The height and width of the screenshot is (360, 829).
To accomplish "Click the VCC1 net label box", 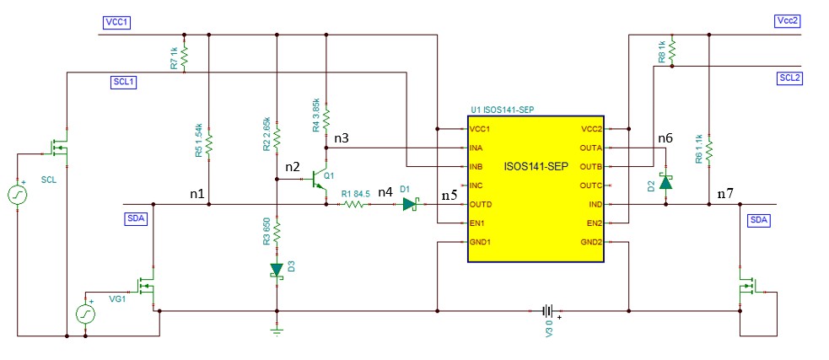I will coord(117,22).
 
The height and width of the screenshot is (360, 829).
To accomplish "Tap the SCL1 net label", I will coord(124,82).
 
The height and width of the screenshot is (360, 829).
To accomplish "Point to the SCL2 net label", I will coord(789,78).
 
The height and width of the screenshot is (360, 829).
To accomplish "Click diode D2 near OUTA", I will coord(665,181).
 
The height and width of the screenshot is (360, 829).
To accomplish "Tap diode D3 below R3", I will coord(277,270).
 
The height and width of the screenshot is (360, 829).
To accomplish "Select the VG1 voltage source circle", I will coord(87,313).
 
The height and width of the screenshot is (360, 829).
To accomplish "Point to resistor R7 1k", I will coord(185,58).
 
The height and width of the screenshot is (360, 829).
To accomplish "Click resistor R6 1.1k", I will coord(710,150).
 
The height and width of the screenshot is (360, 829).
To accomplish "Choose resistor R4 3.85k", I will coord(326,119).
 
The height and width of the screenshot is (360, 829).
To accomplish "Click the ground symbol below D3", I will coord(277,330).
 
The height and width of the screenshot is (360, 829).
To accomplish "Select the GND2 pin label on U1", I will coord(591,242).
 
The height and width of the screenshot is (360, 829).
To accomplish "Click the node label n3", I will coord(342,137).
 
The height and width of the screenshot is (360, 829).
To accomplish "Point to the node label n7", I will coord(724,194).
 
